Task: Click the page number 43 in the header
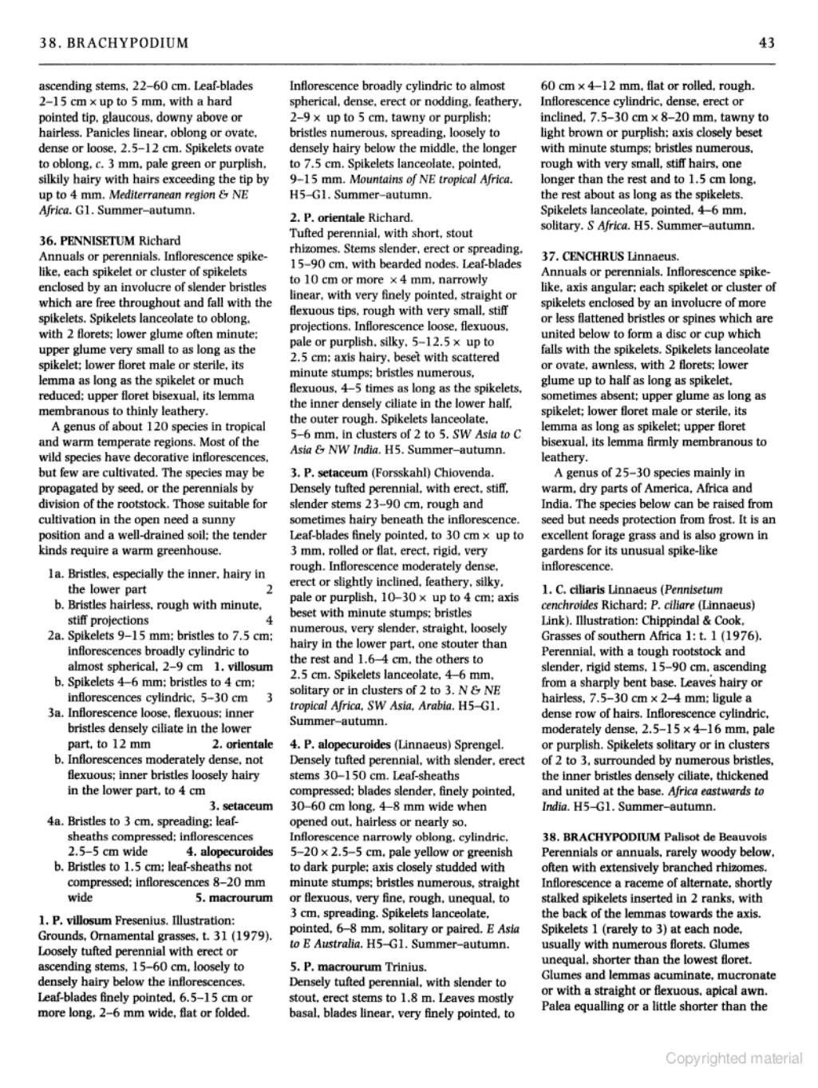[x=767, y=42]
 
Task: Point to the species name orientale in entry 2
[x=347, y=217]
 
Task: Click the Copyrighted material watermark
[x=734, y=1059]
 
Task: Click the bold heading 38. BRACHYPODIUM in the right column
[x=600, y=837]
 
